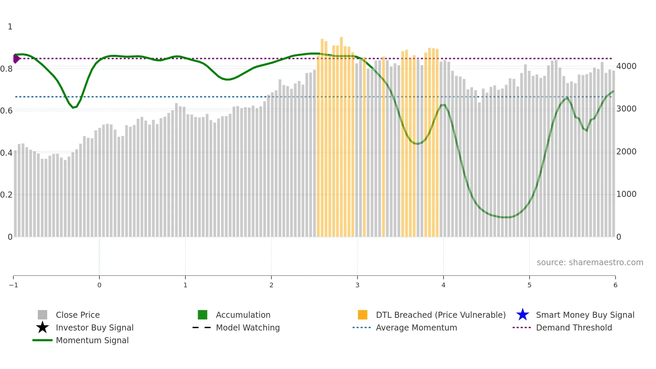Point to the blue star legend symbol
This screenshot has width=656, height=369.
(x=522, y=315)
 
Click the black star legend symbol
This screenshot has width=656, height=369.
(x=43, y=327)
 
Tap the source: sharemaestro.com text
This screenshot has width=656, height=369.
(x=590, y=262)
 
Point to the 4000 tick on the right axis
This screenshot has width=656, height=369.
(x=626, y=66)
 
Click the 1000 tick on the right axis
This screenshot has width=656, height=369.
(x=626, y=194)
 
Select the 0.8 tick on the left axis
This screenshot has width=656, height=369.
(x=6, y=69)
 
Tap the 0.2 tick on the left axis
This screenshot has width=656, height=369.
(x=6, y=195)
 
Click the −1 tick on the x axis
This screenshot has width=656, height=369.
(x=13, y=285)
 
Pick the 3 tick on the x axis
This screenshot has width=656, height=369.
(x=357, y=285)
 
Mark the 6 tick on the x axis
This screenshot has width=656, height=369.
(x=615, y=285)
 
